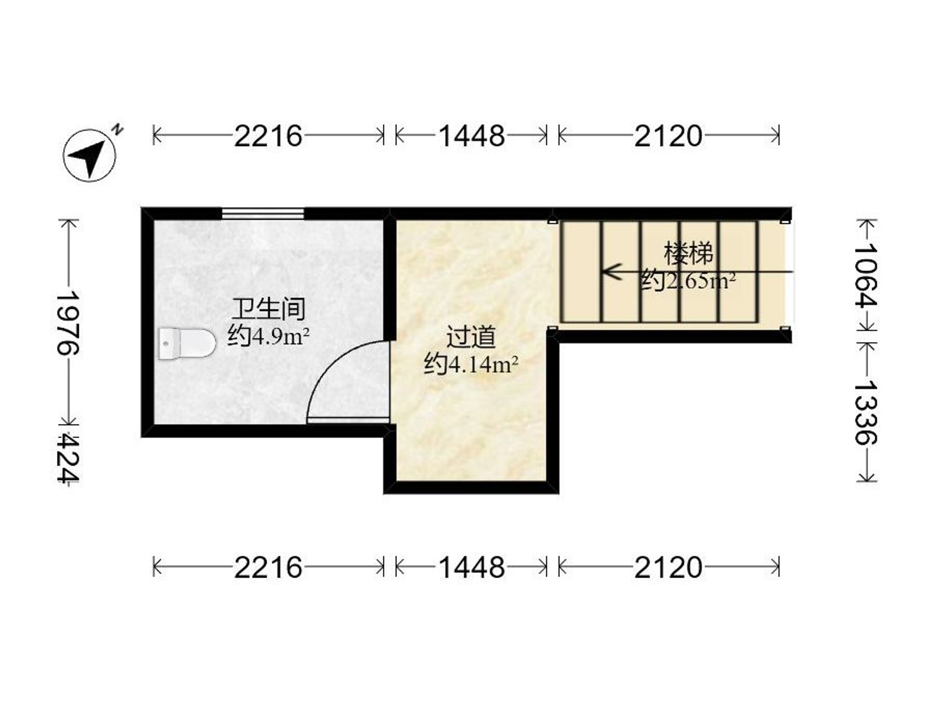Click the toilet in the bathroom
(x=187, y=344)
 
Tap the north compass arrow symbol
(x=90, y=155)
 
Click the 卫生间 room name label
(x=269, y=309)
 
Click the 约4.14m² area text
(x=471, y=364)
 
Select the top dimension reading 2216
(x=268, y=136)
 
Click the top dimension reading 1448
(x=472, y=136)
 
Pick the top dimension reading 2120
(x=668, y=136)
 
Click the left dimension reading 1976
(x=68, y=323)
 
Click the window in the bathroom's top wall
(x=263, y=213)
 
